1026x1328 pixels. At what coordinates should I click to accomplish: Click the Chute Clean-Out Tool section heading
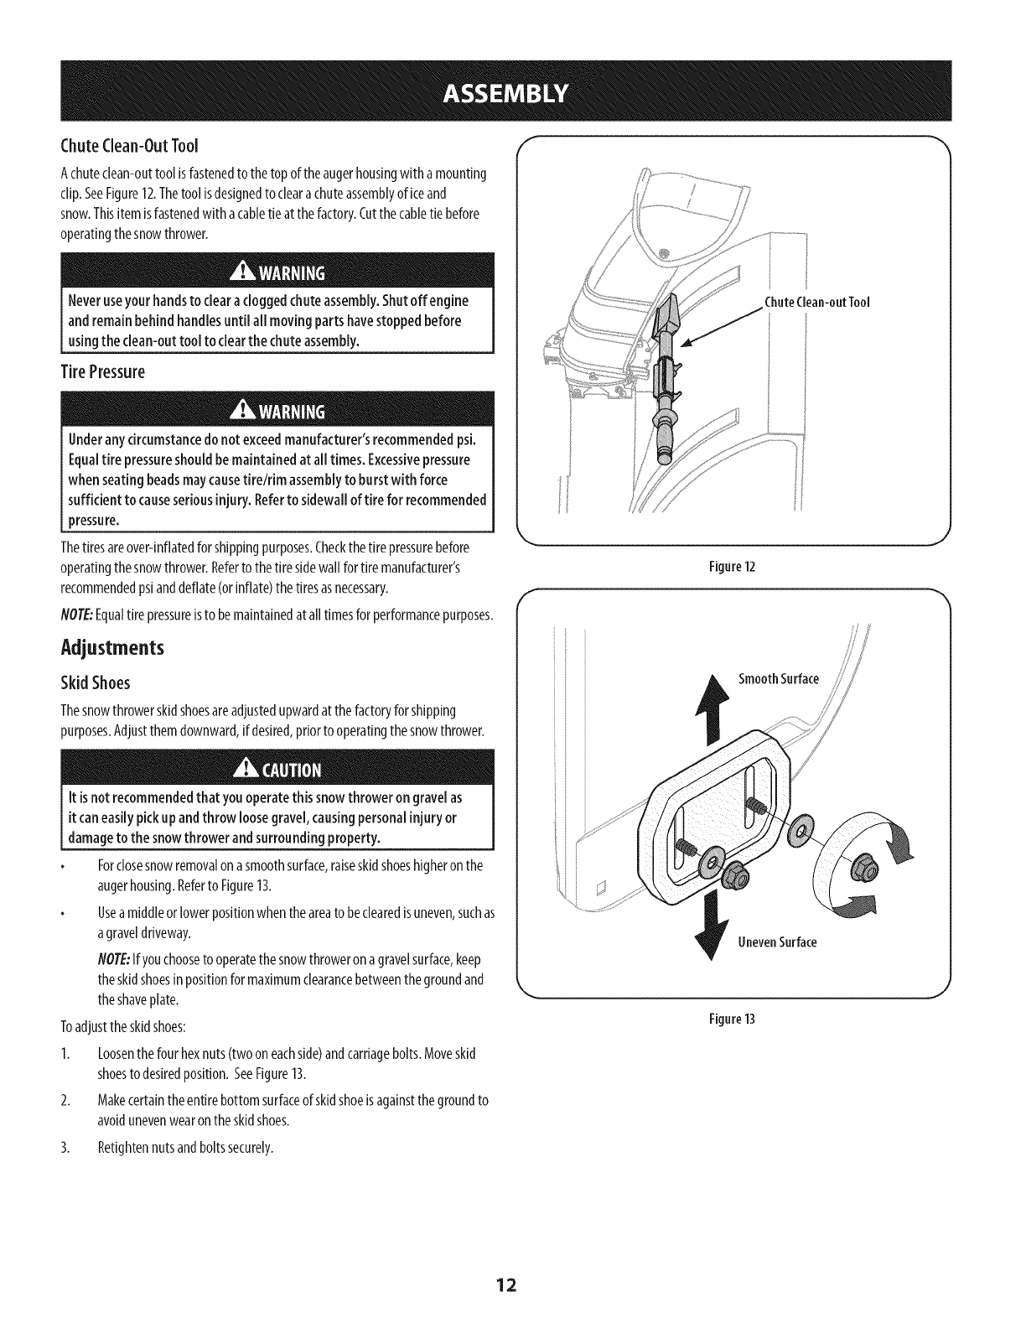pos(130,147)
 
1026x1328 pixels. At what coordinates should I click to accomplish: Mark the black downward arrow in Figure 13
pos(713,925)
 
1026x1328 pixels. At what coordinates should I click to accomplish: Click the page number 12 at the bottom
pos(513,1286)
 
